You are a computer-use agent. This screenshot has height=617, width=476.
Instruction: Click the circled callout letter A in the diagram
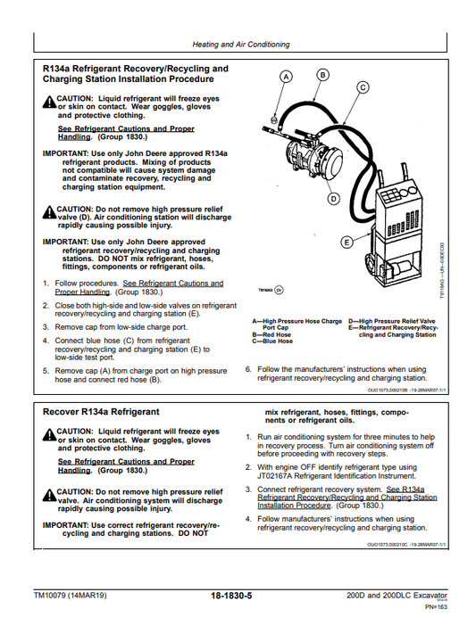285,78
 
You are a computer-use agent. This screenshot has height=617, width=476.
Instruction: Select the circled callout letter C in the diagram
363,87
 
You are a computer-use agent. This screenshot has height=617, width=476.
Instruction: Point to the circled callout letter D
333,200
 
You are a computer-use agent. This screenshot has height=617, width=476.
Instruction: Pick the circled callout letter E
347,243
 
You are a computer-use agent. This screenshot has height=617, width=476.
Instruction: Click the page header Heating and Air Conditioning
240,44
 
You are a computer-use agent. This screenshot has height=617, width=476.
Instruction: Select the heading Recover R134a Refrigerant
101,412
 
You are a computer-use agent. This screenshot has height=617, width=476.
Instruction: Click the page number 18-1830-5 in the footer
238,595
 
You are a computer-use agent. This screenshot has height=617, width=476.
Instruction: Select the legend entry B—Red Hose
271,334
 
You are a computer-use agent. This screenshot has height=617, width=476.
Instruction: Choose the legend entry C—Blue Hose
272,341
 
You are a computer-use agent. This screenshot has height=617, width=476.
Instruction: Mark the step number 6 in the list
248,369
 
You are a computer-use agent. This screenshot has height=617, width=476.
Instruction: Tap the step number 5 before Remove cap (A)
46,371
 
